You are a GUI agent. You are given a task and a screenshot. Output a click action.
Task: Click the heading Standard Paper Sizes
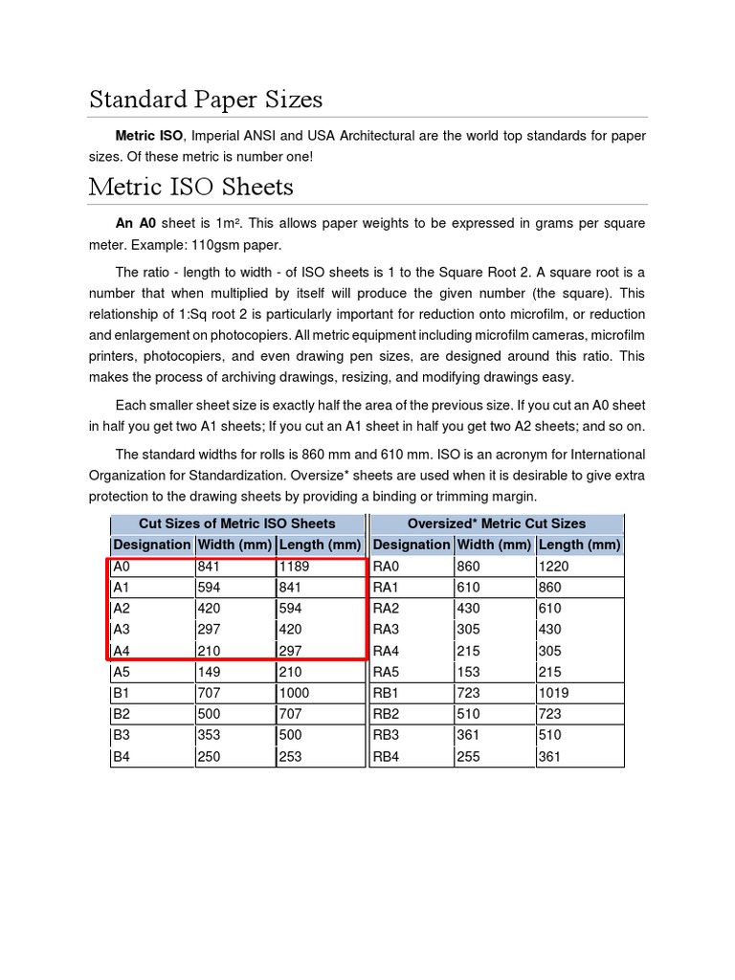pyautogui.click(x=205, y=100)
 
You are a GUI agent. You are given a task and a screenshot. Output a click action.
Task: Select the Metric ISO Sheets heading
pyautogui.click(x=190, y=187)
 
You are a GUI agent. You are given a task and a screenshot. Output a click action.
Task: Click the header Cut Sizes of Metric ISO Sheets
pyautogui.click(x=237, y=523)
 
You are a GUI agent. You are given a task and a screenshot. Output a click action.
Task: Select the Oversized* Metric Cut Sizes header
pyautogui.click(x=497, y=523)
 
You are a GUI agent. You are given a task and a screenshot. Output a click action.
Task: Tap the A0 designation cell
pyautogui.click(x=122, y=566)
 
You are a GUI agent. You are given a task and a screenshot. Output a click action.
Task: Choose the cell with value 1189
pyautogui.click(x=295, y=566)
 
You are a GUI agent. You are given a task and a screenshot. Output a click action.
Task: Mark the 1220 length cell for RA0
pyautogui.click(x=555, y=566)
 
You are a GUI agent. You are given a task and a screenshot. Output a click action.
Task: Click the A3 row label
pyautogui.click(x=122, y=629)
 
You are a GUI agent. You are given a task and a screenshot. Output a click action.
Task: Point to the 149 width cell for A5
pyautogui.click(x=209, y=672)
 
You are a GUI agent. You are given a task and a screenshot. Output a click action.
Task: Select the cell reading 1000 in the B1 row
pyautogui.click(x=295, y=693)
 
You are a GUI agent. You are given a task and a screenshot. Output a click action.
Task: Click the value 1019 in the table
pyautogui.click(x=554, y=693)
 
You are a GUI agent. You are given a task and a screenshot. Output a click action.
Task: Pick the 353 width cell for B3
pyautogui.click(x=209, y=735)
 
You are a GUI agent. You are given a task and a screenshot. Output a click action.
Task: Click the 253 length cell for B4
pyautogui.click(x=290, y=756)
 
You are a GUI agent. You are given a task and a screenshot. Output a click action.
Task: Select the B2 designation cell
pyautogui.click(x=122, y=714)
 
